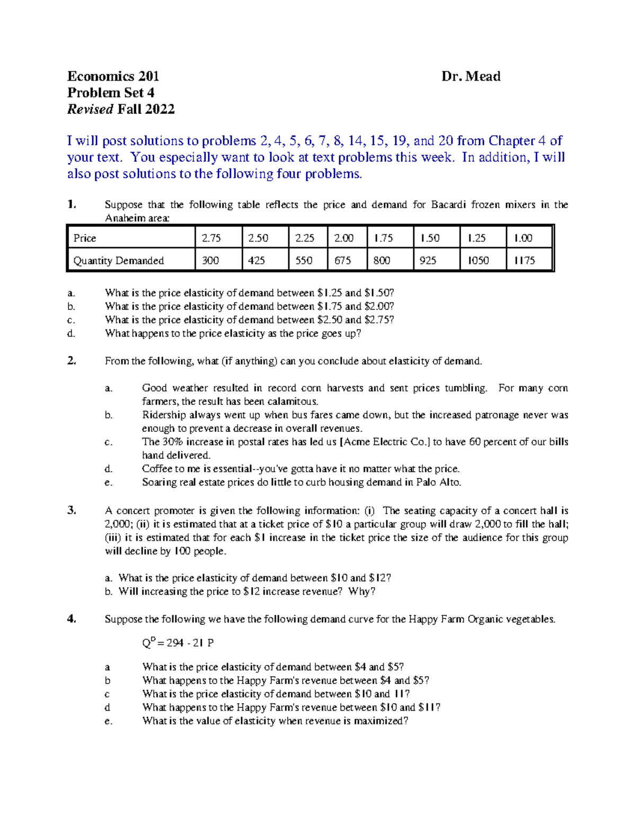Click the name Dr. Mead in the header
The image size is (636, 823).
[x=471, y=77]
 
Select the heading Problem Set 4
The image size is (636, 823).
[x=111, y=93]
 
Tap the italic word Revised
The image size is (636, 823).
[x=90, y=110]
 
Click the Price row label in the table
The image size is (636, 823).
[x=85, y=238]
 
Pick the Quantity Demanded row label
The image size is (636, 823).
[x=119, y=261]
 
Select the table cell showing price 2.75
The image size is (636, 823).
[x=211, y=238]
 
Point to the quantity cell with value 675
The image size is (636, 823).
[x=343, y=261]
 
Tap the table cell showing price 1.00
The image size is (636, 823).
[x=523, y=238]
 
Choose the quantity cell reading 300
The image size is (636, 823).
[x=210, y=261]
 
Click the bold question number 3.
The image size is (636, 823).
[x=72, y=511]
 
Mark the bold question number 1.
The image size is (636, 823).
[x=72, y=205]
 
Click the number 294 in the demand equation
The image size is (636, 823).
[x=175, y=643]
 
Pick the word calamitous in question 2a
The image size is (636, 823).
[x=294, y=402]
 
